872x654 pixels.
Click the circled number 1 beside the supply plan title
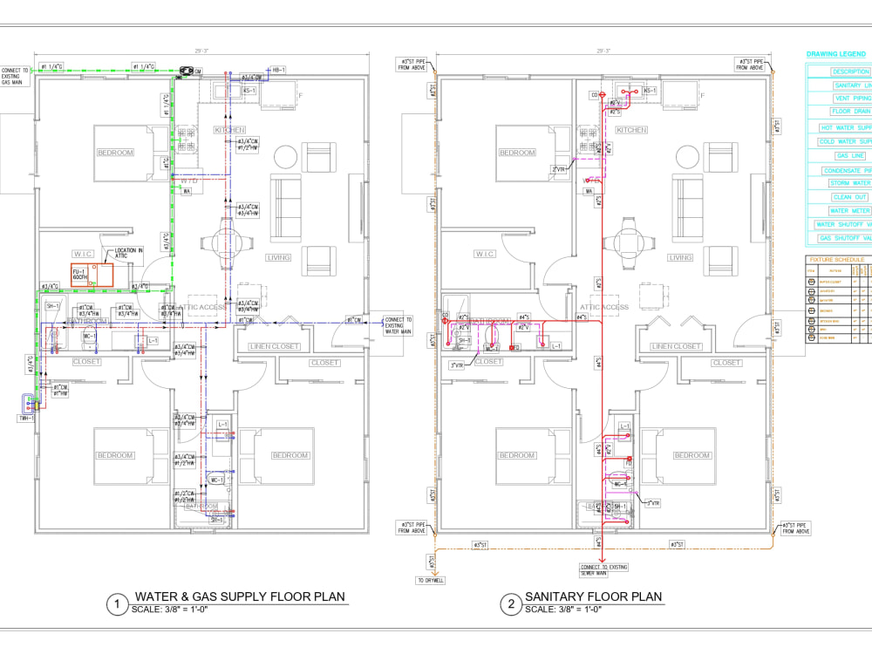pyautogui.click(x=117, y=603)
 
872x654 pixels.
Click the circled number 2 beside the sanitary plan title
pyautogui.click(x=508, y=603)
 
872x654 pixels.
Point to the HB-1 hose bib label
pyautogui.click(x=279, y=69)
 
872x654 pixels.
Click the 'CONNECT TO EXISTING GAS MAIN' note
pyautogui.click(x=17, y=77)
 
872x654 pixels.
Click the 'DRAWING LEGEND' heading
pyautogui.click(x=835, y=54)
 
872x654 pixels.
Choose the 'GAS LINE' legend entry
pyautogui.click(x=850, y=155)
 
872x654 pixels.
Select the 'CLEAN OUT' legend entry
pyautogui.click(x=849, y=197)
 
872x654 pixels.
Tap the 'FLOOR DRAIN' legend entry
pyautogui.click(x=850, y=112)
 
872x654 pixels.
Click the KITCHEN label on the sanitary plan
pyautogui.click(x=631, y=130)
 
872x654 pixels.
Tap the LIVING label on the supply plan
pyautogui.click(x=278, y=257)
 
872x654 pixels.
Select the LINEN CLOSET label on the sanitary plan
pyautogui.click(x=676, y=346)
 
